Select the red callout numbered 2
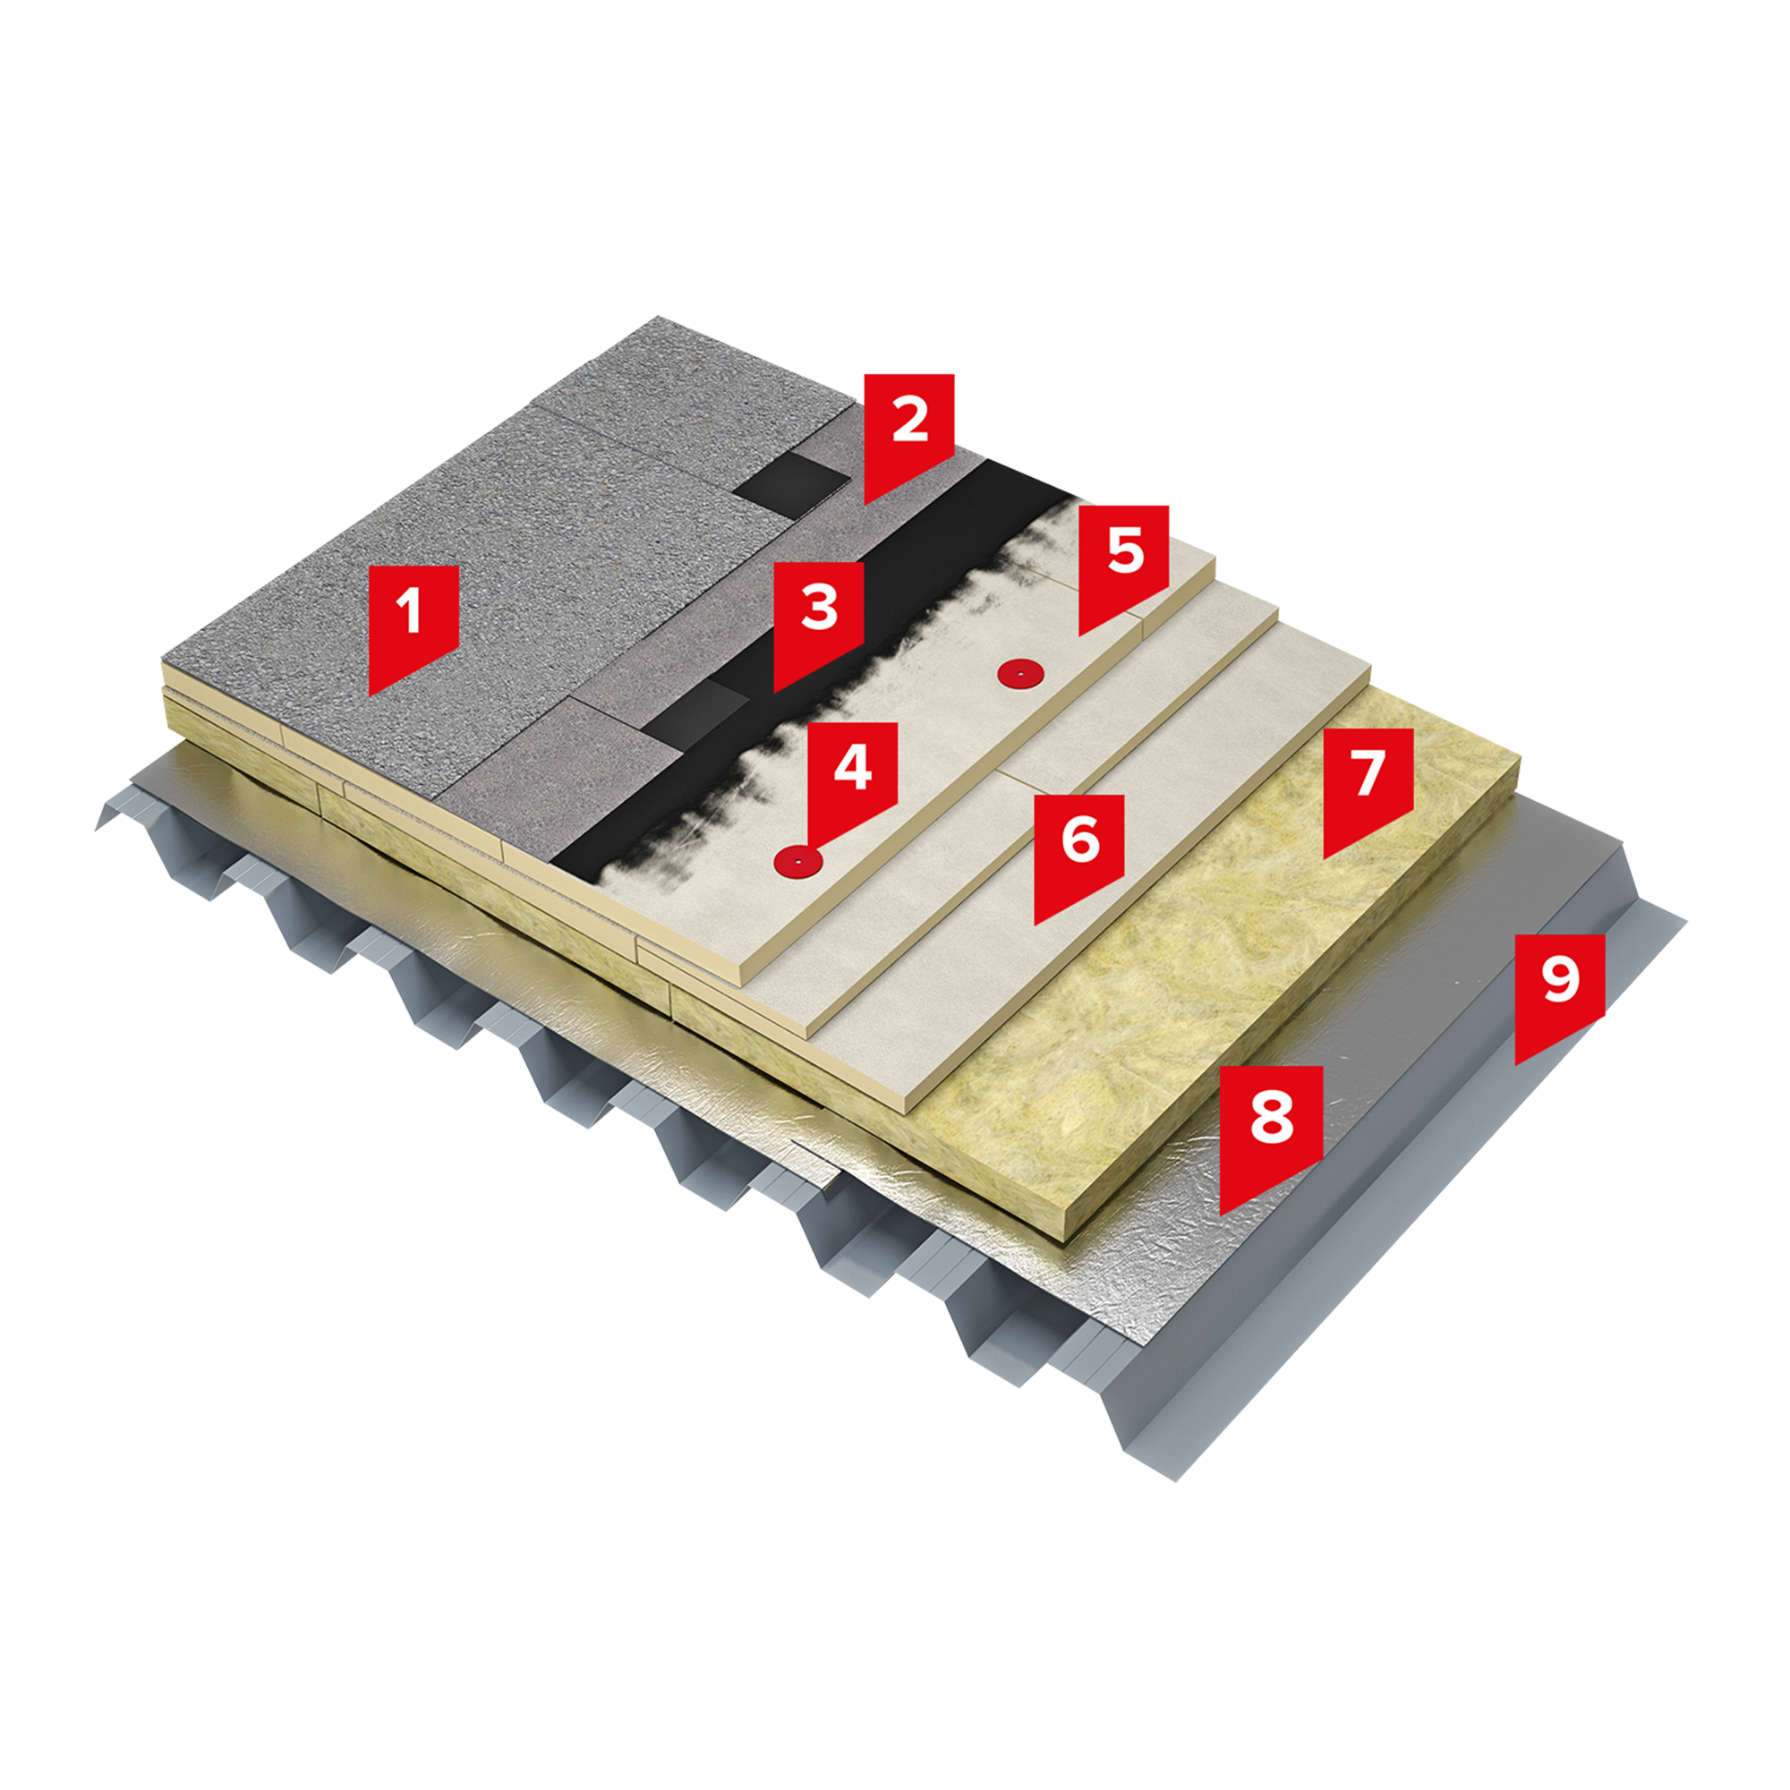pyautogui.click(x=909, y=430)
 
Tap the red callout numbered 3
pyautogui.click(x=819, y=619)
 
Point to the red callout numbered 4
pyautogui.click(x=852, y=779)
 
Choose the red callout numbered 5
pyautogui.click(x=1124, y=562)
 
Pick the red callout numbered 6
pyautogui.click(x=1079, y=851)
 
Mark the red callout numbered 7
pyautogui.click(x=1368, y=785)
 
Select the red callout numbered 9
pyautogui.click(x=1560, y=992)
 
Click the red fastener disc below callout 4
pyautogui.click(x=798, y=863)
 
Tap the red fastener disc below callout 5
pyautogui.click(x=1019, y=674)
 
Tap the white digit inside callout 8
pyautogui.click(x=1271, y=1114)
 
